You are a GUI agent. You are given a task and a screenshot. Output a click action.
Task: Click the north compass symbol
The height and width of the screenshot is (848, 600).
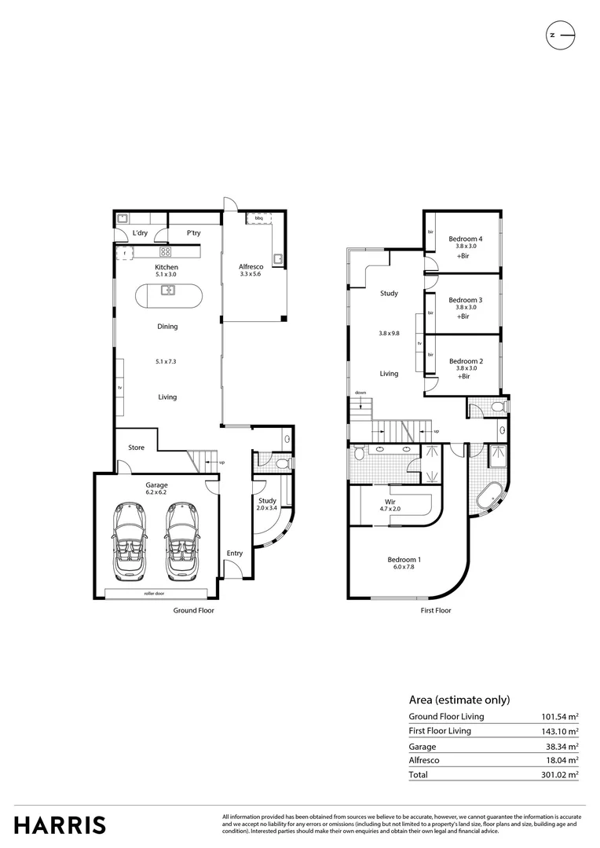point(561,35)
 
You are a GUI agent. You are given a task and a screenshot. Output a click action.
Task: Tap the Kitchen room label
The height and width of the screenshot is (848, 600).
point(166,268)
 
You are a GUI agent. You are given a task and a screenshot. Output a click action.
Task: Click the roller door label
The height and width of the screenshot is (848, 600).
point(154,594)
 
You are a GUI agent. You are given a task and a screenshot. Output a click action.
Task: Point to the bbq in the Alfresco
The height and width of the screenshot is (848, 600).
point(258,217)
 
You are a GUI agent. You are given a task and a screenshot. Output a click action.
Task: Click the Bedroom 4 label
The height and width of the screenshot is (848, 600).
point(466,239)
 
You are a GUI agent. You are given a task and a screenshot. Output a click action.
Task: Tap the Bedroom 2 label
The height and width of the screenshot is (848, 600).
point(466,361)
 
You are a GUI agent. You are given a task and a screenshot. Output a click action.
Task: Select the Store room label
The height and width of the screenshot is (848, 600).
point(137,448)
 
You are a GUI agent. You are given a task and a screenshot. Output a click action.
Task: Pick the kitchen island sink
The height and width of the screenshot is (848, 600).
point(168,291)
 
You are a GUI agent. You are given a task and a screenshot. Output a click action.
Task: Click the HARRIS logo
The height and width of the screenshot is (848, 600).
point(60,824)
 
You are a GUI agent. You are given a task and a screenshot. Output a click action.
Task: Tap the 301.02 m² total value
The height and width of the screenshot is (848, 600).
point(559,774)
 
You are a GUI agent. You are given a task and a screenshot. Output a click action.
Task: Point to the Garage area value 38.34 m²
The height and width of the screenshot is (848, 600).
point(559,746)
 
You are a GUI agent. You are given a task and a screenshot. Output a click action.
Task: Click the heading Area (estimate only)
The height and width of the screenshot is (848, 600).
point(459,699)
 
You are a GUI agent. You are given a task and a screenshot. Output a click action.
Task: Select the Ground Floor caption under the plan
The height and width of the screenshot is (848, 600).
point(194,610)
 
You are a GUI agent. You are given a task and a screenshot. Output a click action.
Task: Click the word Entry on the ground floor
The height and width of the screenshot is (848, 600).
point(235,554)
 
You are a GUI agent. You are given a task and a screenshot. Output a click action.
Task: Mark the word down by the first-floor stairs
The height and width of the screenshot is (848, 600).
point(360,393)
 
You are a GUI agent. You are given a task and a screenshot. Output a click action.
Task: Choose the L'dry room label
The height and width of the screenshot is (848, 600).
point(140,233)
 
